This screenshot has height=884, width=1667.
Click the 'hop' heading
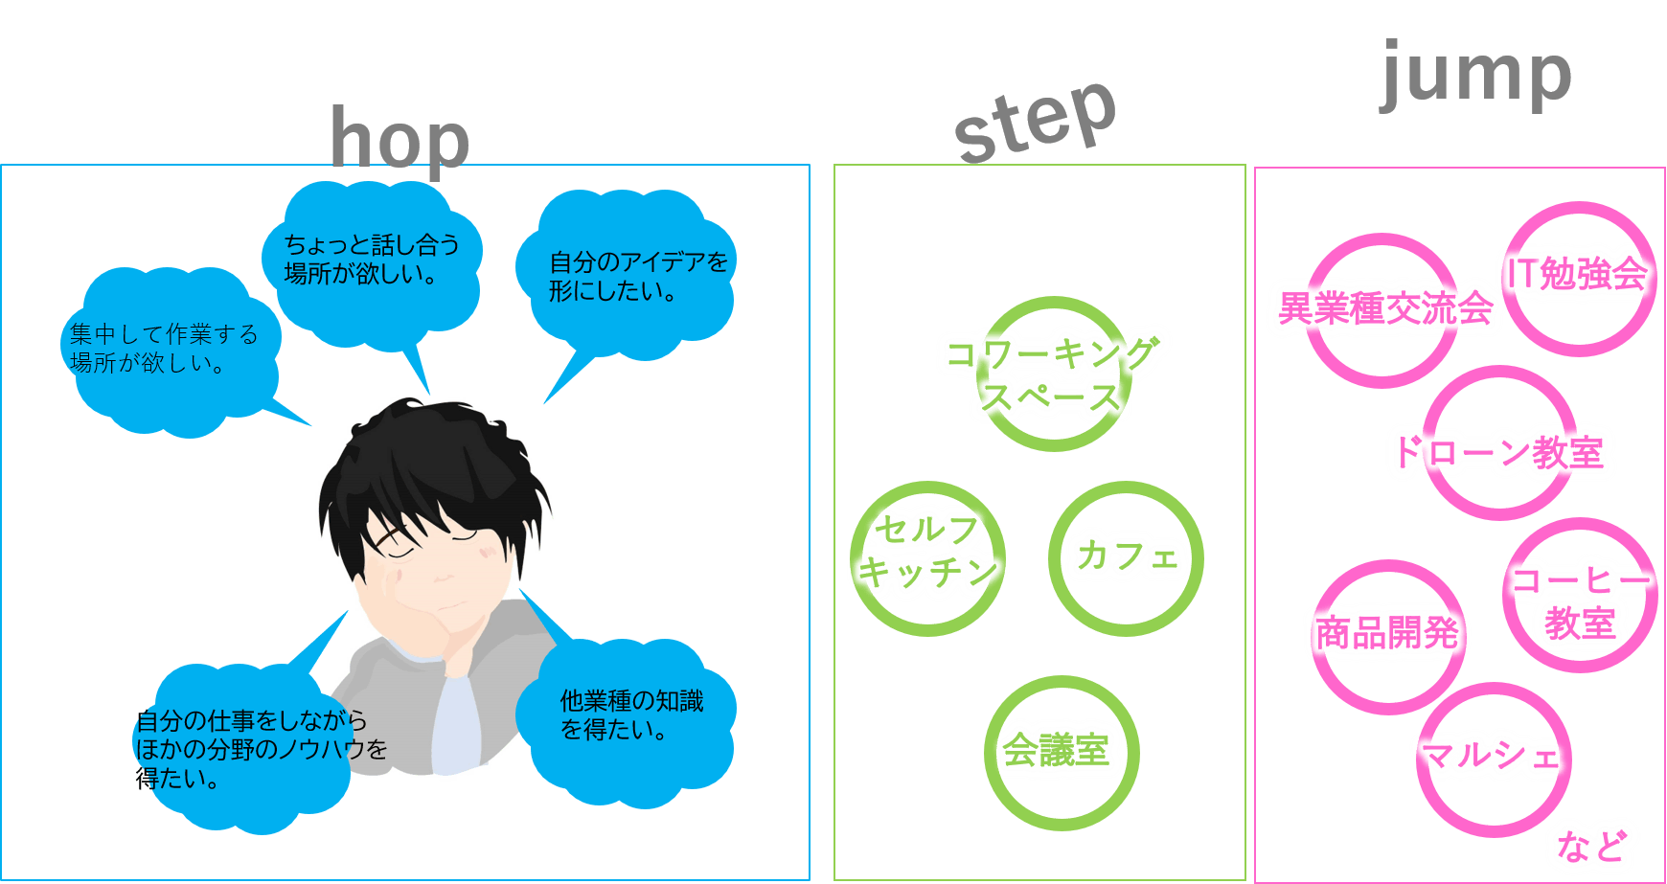(400, 141)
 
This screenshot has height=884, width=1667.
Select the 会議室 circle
(1061, 752)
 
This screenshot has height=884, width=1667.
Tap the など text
(1591, 846)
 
